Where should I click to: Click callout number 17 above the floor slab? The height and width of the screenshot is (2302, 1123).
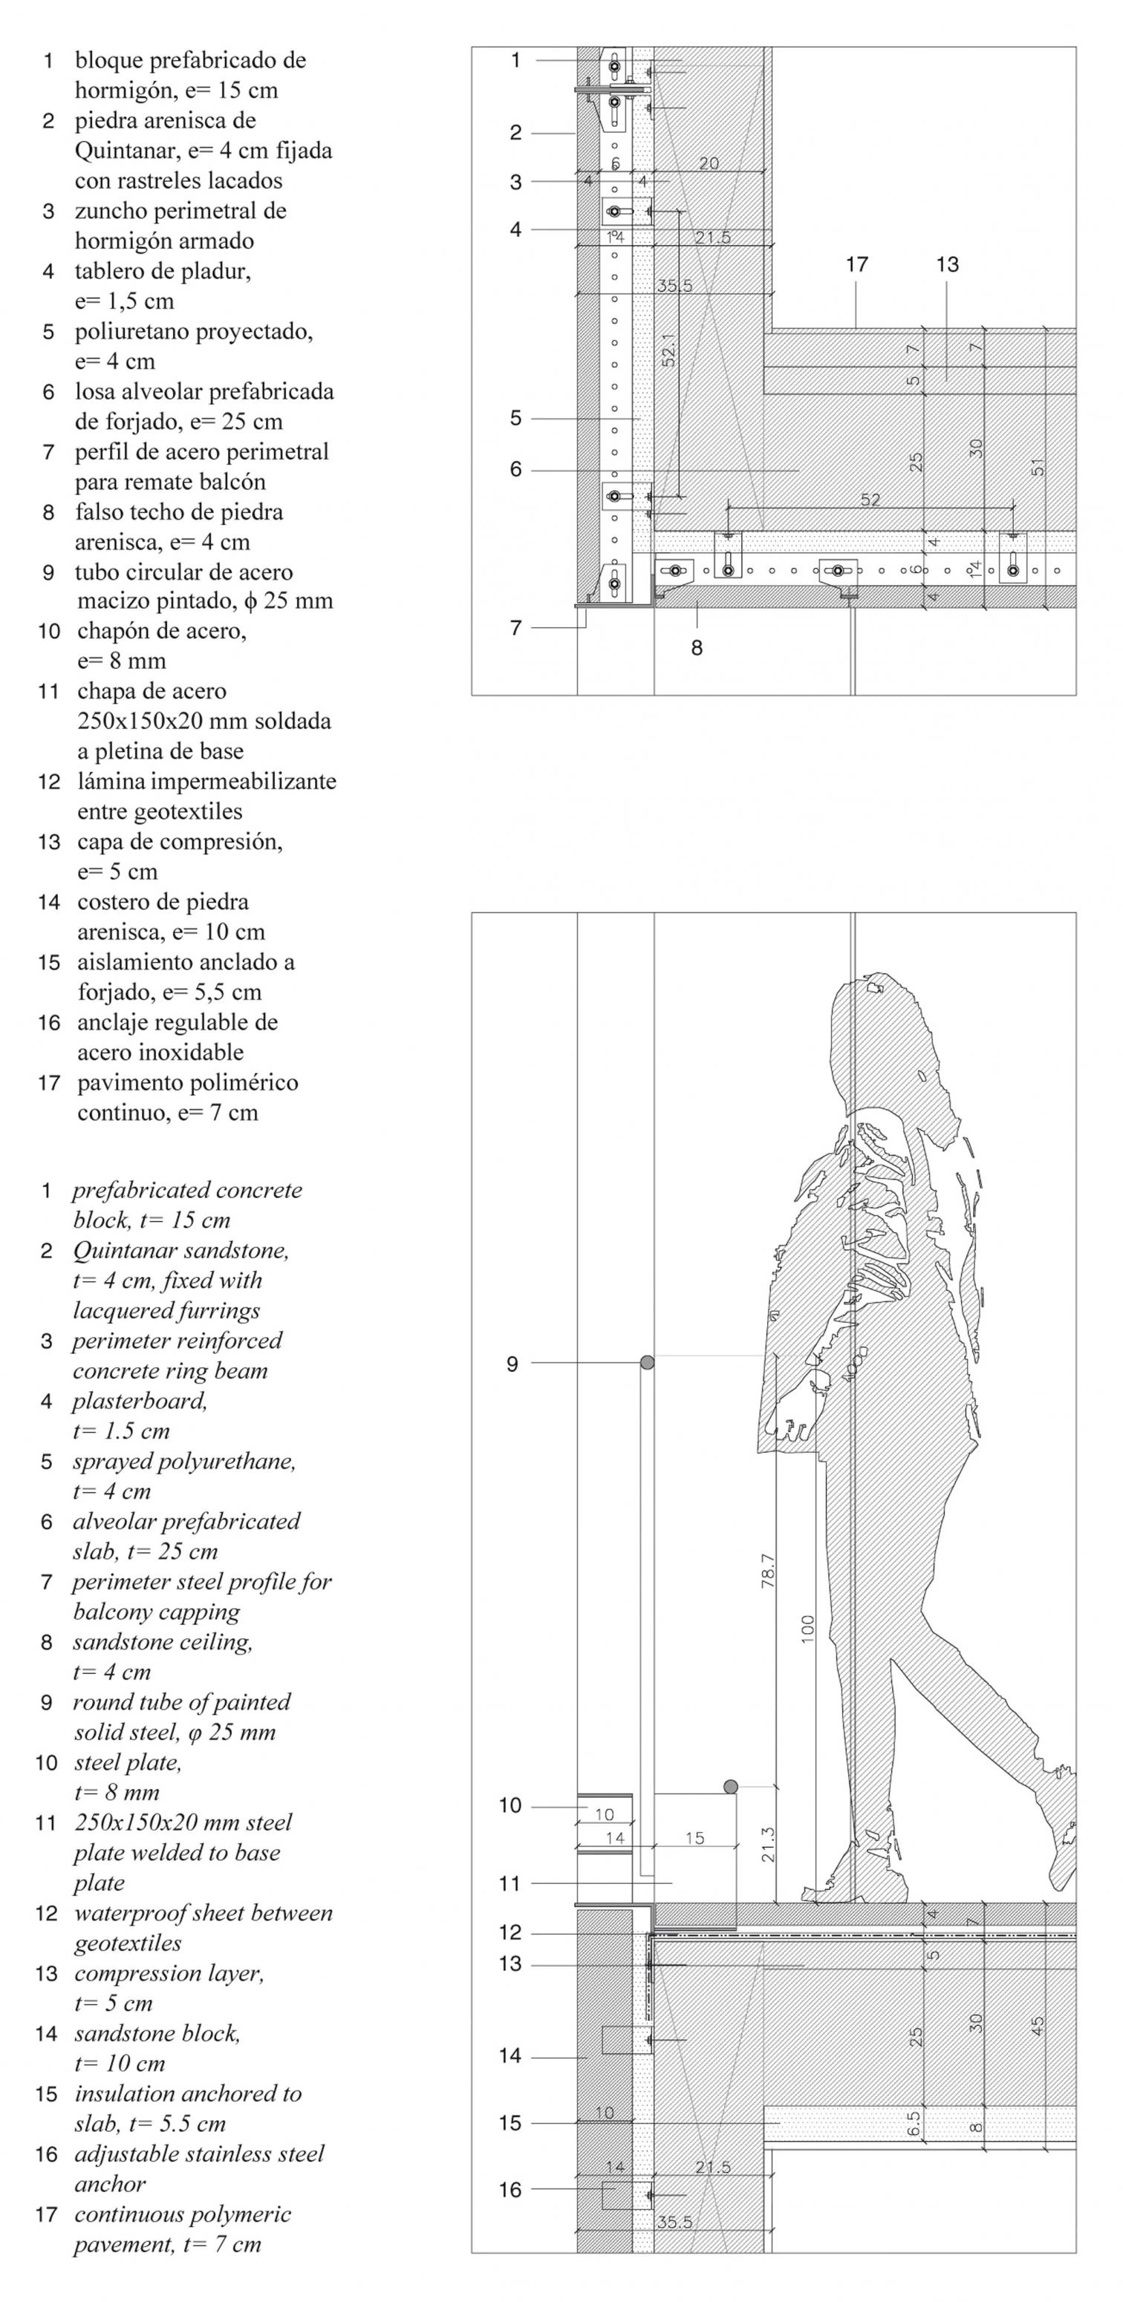click(x=856, y=264)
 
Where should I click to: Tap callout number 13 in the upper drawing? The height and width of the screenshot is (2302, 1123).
click(x=947, y=264)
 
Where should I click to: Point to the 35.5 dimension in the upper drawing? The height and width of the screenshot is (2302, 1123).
click(x=674, y=286)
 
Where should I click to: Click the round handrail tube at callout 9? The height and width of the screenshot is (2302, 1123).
click(x=648, y=1363)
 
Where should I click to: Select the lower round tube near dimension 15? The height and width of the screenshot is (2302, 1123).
click(x=731, y=1786)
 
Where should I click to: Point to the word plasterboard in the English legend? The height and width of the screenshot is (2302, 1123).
click(x=140, y=1400)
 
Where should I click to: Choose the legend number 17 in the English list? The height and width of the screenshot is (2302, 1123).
click(x=47, y=2214)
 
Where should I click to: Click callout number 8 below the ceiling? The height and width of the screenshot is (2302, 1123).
click(x=697, y=648)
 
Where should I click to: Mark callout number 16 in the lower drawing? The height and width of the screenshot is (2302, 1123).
click(x=510, y=2189)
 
